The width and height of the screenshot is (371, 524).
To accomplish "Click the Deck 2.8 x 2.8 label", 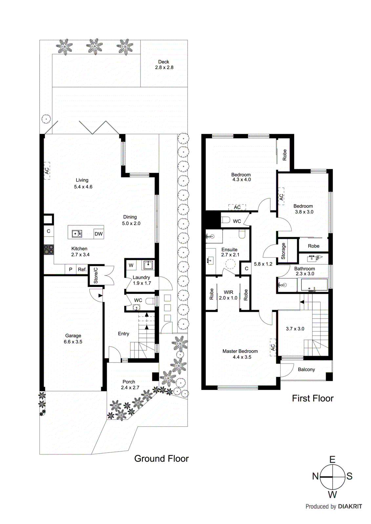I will click(164, 65).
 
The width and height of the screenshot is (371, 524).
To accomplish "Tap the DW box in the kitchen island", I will click(98, 234).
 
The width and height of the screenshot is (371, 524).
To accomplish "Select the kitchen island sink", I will click(77, 234).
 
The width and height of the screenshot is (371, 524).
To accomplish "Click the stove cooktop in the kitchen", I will click(49, 250).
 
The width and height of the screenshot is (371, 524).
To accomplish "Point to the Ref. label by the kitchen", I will click(82, 269).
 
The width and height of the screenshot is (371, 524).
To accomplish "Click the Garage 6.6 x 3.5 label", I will click(73, 339).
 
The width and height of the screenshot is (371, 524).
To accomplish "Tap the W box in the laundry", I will click(131, 265).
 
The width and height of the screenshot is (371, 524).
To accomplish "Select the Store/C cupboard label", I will click(96, 275).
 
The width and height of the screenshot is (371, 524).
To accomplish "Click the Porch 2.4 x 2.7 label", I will click(130, 384).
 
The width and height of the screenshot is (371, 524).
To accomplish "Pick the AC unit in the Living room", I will click(47, 171).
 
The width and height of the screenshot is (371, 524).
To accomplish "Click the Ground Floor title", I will click(161, 458).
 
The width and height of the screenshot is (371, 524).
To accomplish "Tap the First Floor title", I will click(313, 398).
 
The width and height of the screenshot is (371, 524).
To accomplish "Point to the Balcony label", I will click(306, 369).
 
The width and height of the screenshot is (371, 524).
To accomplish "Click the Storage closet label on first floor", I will click(283, 251).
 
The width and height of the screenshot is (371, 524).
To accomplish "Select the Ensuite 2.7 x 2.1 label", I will click(230, 252).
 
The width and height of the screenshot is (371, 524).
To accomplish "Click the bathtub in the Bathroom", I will click(314, 285).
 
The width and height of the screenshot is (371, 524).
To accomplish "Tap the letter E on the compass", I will click(332, 459).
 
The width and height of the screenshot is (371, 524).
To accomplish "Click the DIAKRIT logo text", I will click(350, 506).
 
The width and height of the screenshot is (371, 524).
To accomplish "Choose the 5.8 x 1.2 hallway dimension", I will click(263, 264).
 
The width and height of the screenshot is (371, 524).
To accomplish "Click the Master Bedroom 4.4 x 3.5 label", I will click(240, 354).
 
